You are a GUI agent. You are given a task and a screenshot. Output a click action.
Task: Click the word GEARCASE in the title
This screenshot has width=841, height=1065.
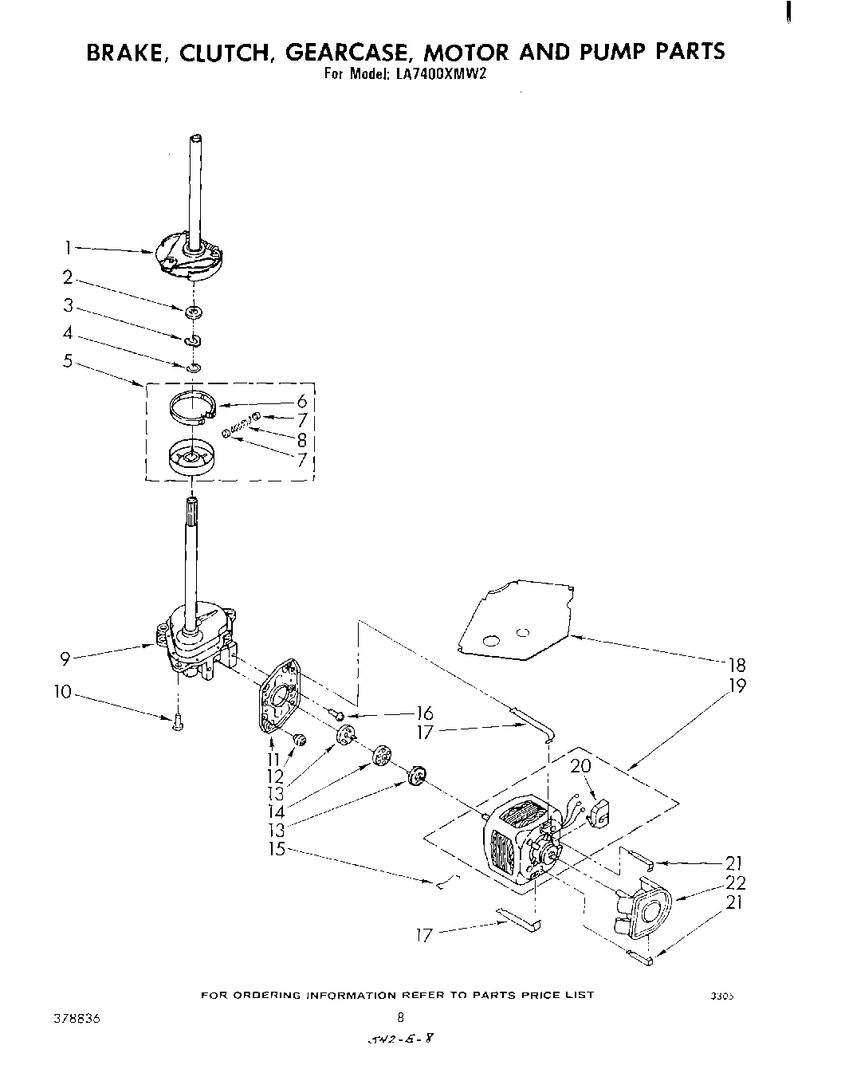tap(348, 52)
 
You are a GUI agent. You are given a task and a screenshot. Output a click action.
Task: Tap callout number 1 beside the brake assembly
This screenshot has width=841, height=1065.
tap(69, 248)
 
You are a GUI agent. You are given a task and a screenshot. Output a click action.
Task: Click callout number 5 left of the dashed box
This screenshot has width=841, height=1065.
tap(68, 361)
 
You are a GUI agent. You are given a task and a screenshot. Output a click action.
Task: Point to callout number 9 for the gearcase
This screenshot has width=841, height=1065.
tap(66, 658)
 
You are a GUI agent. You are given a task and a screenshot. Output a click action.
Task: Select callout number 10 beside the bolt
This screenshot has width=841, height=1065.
tap(63, 693)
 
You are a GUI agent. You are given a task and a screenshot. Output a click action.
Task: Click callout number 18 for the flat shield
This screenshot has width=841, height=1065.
tap(737, 665)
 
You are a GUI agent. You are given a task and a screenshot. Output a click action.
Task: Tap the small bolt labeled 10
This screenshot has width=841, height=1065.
tap(177, 721)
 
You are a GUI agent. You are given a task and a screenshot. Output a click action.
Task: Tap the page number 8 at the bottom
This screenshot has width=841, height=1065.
tap(401, 1017)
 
